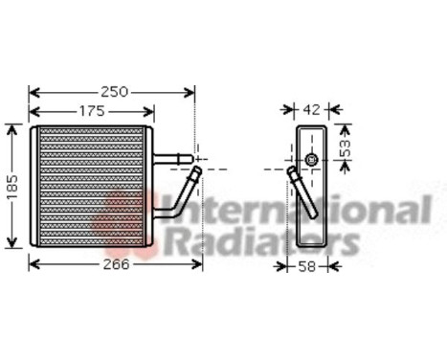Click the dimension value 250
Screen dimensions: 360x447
(x=114, y=92)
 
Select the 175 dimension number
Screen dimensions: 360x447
(x=91, y=111)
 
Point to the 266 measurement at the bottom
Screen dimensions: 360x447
(x=114, y=265)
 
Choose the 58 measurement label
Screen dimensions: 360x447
(x=306, y=265)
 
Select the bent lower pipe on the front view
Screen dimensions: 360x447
(x=177, y=197)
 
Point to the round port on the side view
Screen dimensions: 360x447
(x=311, y=160)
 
